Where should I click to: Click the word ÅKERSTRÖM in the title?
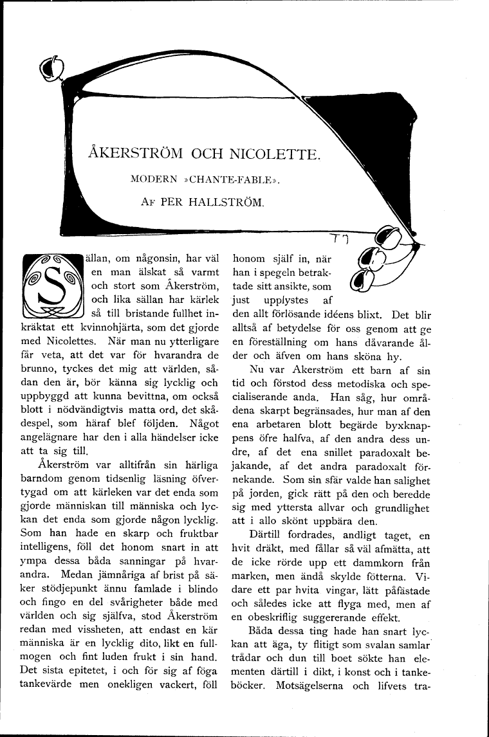(134, 154)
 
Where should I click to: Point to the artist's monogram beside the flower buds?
(338, 240)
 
